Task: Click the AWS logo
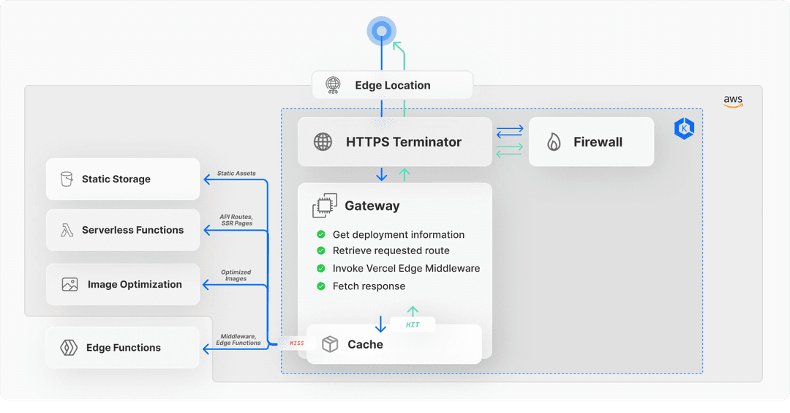[x=733, y=101]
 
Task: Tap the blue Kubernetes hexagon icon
[x=684, y=129]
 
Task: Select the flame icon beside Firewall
[x=554, y=142]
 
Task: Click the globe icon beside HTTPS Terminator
[x=323, y=142]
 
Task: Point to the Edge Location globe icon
[x=333, y=85]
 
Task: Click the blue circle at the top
[x=381, y=31]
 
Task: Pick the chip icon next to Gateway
[x=325, y=205]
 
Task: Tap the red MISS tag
[x=297, y=343]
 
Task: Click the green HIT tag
[x=413, y=324]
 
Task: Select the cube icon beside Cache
[x=330, y=344]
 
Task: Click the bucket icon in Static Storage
[x=67, y=179]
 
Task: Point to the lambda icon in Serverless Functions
[x=67, y=230]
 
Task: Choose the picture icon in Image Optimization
[x=69, y=284]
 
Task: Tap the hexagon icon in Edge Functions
[x=69, y=347]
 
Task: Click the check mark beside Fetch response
[x=321, y=286]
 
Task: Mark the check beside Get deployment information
[x=321, y=234]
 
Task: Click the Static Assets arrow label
[x=236, y=173]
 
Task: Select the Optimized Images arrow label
[x=236, y=275]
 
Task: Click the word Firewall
[x=598, y=142]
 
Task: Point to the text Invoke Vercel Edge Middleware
[x=406, y=268]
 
